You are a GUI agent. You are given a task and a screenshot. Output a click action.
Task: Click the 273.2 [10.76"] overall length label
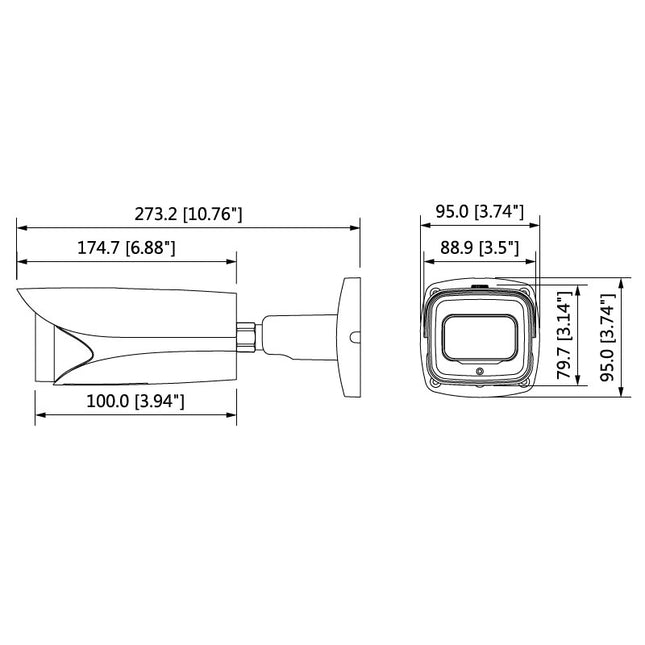[x=188, y=214]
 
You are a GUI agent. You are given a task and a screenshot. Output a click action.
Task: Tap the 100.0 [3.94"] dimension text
[x=135, y=401]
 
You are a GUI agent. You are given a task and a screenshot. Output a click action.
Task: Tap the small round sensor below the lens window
[x=479, y=372]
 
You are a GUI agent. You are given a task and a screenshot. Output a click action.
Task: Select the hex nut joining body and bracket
[x=245, y=335]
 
